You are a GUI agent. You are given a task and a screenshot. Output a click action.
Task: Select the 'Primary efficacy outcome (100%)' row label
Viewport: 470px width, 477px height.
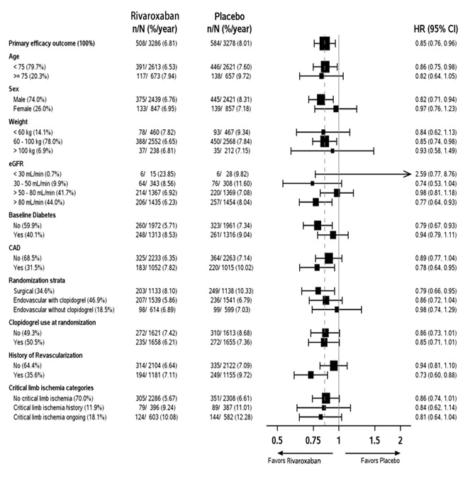coord(54,43)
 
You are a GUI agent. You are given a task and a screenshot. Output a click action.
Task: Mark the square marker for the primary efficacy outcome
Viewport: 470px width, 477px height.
coord(325,43)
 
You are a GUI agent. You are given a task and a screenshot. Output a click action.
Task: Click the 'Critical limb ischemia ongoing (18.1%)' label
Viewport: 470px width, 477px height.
coord(62,417)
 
